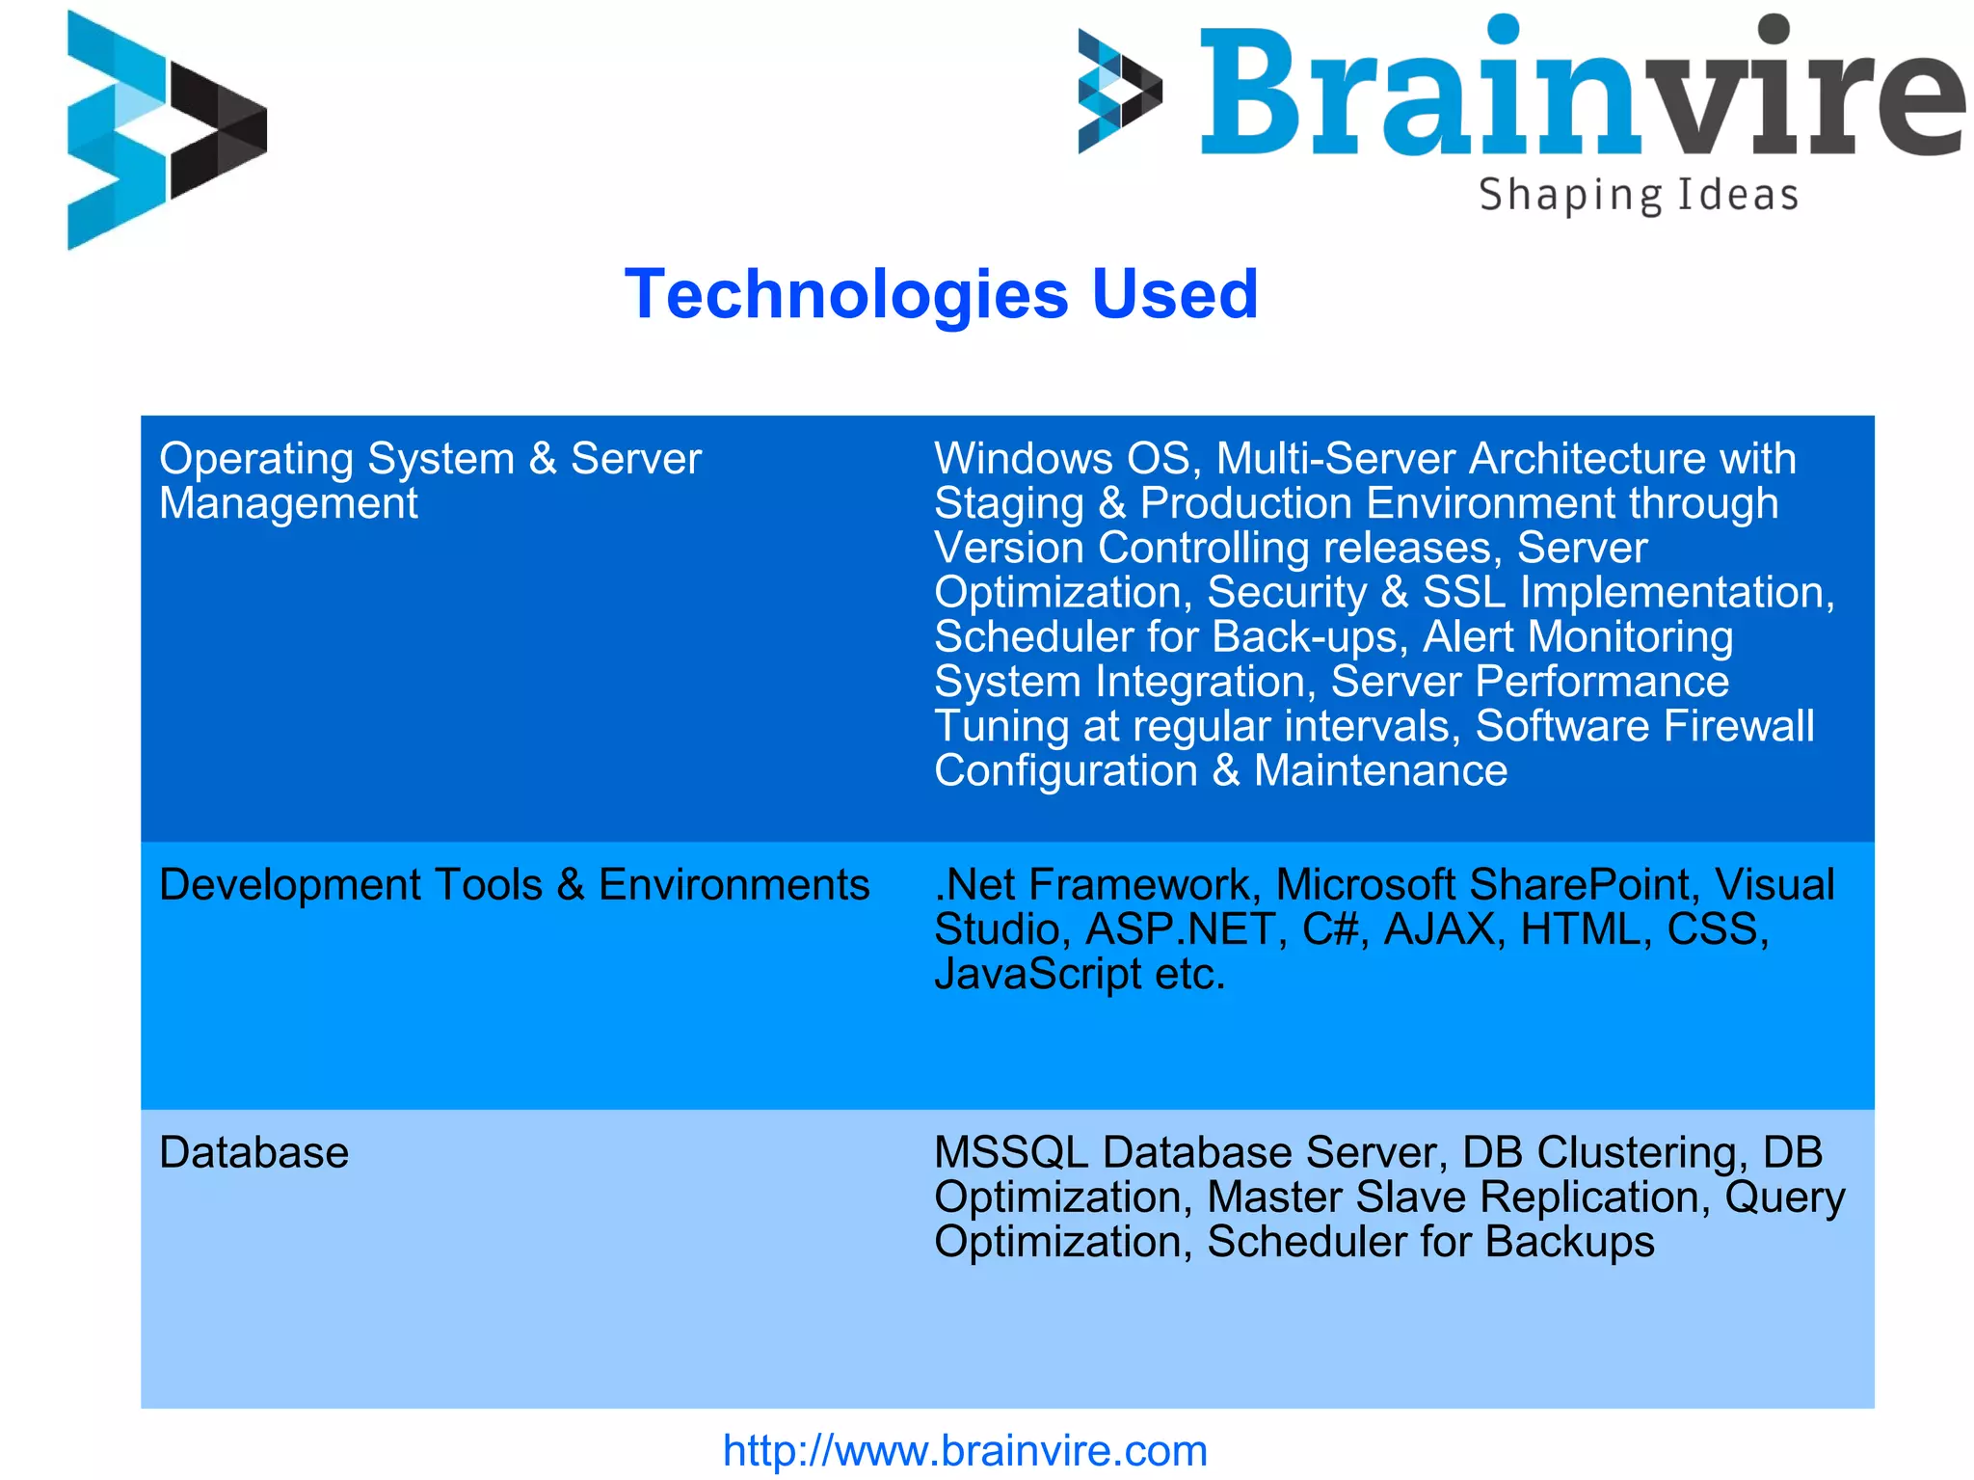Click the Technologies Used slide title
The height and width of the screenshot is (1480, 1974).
(x=941, y=294)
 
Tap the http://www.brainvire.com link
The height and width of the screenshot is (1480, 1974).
(x=965, y=1450)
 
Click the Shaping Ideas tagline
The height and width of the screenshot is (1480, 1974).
(x=1639, y=196)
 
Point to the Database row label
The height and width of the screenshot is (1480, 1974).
(x=253, y=1153)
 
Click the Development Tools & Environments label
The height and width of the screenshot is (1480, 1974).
(x=514, y=885)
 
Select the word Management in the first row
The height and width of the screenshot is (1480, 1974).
(x=288, y=503)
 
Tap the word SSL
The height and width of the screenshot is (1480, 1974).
(x=1464, y=592)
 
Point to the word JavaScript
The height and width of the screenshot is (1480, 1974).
(x=1037, y=974)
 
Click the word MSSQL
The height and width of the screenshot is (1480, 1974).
(x=1011, y=1153)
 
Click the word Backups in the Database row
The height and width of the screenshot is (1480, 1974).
(x=1569, y=1242)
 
